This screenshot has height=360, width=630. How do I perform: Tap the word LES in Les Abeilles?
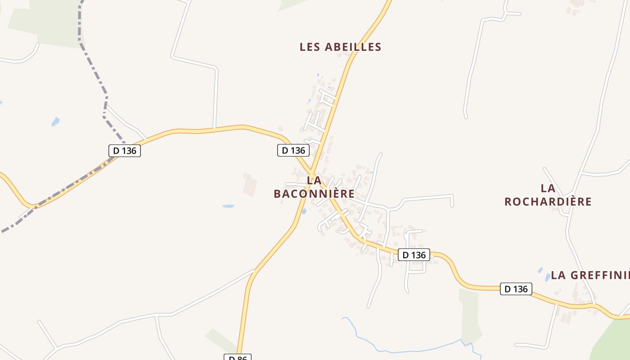[x=310, y=47]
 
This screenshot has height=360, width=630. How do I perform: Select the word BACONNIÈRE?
[x=314, y=193]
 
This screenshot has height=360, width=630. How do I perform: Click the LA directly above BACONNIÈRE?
[x=314, y=180]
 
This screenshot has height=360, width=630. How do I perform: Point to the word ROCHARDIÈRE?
[x=548, y=202]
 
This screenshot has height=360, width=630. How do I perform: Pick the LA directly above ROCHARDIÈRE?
[x=548, y=188]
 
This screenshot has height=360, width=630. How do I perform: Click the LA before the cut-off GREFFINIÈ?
[x=558, y=275]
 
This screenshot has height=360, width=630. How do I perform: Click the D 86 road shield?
[x=237, y=357]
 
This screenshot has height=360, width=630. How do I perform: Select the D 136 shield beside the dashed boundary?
[x=125, y=151]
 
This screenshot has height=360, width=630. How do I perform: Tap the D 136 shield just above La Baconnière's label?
[x=293, y=150]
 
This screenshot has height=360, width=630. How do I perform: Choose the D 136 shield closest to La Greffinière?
[x=516, y=289]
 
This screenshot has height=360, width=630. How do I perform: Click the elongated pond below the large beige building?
[x=228, y=206]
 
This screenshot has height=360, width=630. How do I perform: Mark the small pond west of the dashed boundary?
[x=55, y=121]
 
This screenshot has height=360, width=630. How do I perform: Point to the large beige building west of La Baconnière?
[x=250, y=184]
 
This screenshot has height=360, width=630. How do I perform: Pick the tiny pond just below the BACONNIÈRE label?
[x=304, y=211]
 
